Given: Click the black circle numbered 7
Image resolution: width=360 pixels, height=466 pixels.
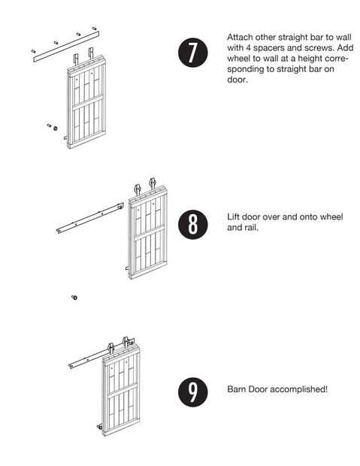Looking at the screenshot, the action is click(x=192, y=53).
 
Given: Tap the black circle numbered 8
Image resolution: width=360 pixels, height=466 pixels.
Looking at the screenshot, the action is click(x=192, y=225).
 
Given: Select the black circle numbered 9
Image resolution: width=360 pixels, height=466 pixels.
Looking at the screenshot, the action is click(x=192, y=392).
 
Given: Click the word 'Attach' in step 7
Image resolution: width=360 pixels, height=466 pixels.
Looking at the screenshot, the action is click(x=240, y=37).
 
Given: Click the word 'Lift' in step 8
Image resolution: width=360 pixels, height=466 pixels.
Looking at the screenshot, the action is click(x=233, y=216).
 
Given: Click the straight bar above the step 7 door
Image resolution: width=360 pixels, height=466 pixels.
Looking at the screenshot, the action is click(x=66, y=47).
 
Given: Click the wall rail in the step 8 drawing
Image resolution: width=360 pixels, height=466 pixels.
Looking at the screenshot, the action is click(x=90, y=218).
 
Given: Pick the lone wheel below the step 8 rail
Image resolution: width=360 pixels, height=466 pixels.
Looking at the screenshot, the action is click(x=74, y=297).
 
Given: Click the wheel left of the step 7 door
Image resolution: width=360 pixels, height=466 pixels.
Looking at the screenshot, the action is click(x=56, y=129).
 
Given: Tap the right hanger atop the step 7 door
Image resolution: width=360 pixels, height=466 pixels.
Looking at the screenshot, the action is click(x=91, y=53).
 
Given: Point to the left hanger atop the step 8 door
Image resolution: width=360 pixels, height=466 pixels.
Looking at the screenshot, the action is click(x=138, y=189).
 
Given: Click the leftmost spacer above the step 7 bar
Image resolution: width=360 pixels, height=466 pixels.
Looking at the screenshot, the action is click(x=33, y=51).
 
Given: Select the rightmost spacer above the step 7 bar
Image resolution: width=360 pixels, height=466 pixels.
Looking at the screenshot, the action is click(x=94, y=29).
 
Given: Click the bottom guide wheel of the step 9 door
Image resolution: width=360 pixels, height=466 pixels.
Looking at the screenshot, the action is click(x=100, y=426).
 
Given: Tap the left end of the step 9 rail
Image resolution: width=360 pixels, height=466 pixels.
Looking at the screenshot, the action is click(x=70, y=365).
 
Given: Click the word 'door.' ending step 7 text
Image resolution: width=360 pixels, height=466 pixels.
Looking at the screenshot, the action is click(x=237, y=80).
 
